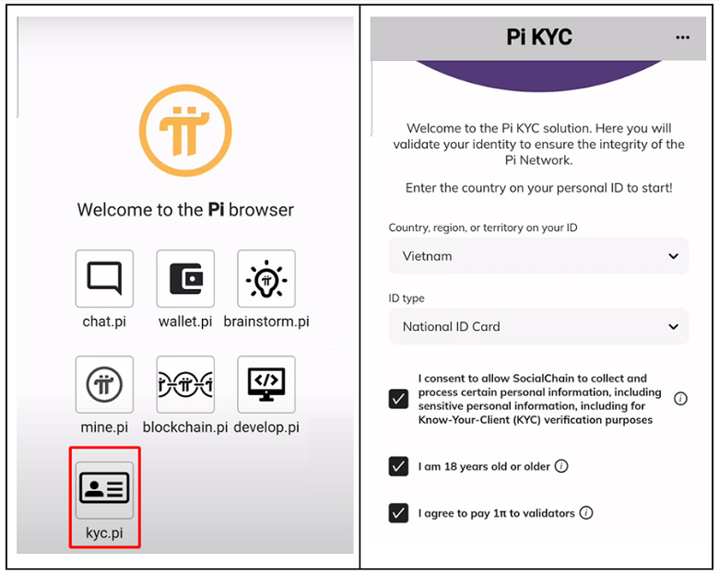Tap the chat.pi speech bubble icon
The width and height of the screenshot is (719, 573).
tap(104, 278)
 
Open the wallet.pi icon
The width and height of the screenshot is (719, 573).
tap(185, 278)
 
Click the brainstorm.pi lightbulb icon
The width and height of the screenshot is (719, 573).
tap(266, 278)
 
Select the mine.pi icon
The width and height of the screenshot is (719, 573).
tap(104, 384)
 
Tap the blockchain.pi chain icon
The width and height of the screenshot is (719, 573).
tap(185, 384)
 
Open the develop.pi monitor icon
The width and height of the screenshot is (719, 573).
tap(266, 384)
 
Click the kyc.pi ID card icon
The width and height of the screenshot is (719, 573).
tap(104, 490)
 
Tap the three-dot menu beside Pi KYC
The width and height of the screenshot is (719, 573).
tap(682, 38)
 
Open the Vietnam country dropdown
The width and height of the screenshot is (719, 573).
tap(538, 256)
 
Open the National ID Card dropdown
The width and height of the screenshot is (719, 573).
tap(538, 326)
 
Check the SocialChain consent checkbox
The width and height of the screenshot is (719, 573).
tap(398, 399)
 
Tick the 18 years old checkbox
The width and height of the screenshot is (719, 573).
tap(398, 466)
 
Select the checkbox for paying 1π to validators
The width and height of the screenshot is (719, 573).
tap(398, 513)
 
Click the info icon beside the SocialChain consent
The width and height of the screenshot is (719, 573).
tap(680, 399)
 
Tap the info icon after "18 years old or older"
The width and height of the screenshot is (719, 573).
tap(561, 466)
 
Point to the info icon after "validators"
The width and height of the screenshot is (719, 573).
tap(586, 512)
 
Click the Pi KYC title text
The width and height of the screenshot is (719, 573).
tap(539, 37)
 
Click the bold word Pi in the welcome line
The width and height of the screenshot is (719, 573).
tap(216, 209)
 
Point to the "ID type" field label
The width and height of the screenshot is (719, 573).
tap(407, 298)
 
